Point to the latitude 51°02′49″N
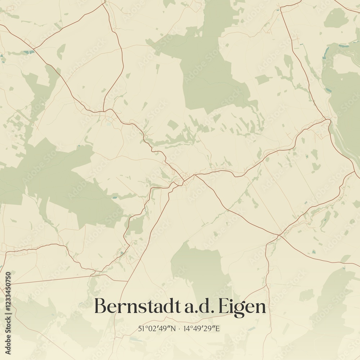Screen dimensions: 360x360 click(x=157, y=328)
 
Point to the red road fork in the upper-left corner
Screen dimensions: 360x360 click(x=34, y=48)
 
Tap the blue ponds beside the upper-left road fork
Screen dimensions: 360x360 click(x=29, y=53)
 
